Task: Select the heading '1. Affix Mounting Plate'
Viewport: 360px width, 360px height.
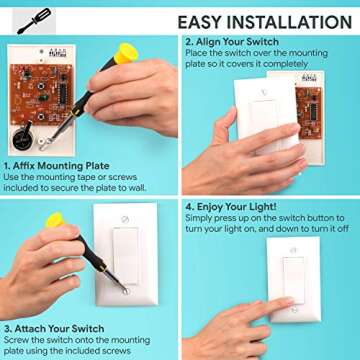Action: [54, 165]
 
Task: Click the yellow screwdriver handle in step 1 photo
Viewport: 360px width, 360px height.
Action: [124, 52]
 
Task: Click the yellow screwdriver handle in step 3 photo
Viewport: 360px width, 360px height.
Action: [53, 220]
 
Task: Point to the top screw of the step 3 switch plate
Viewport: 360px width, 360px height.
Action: [125, 219]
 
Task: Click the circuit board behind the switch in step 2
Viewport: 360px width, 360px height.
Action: [308, 103]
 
